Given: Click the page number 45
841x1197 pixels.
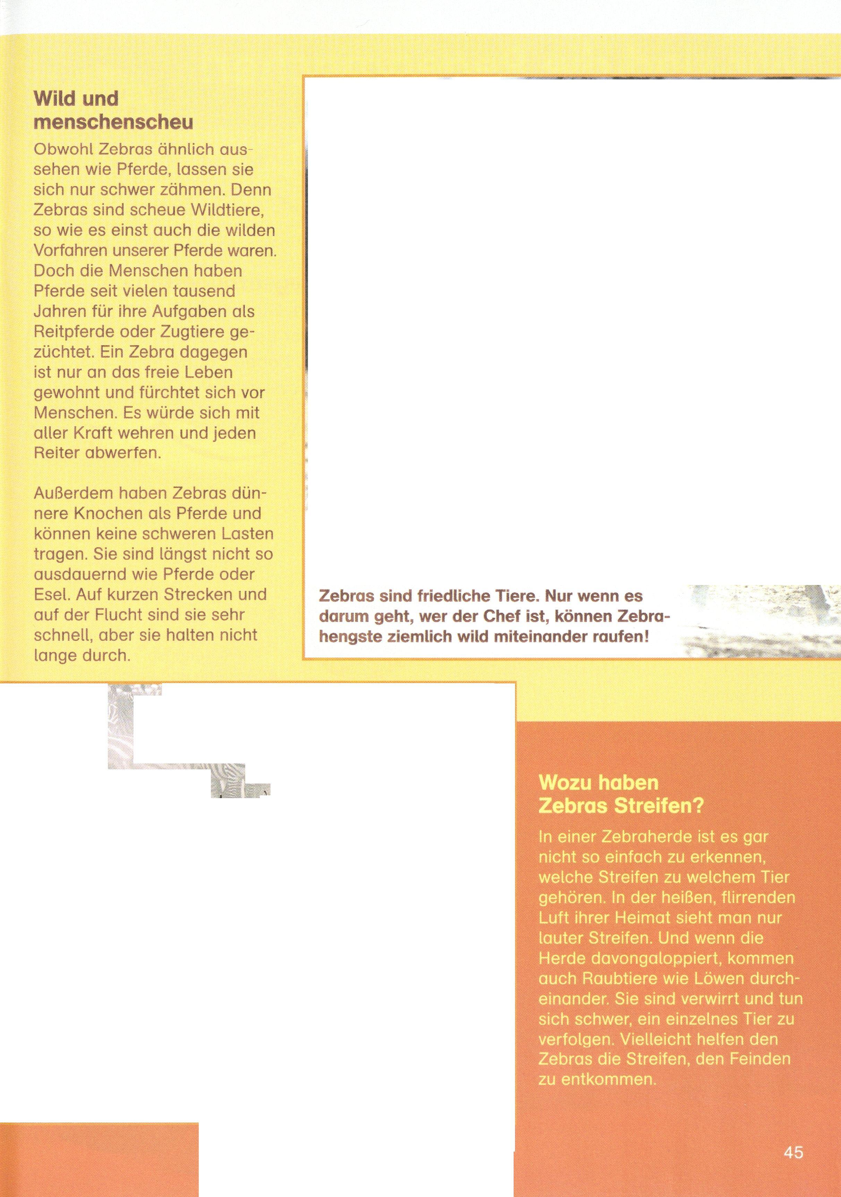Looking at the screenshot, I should pos(793,1152).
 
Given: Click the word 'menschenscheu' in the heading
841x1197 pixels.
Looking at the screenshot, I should pos(113,122).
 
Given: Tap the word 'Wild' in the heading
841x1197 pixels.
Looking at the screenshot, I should pos(53,98).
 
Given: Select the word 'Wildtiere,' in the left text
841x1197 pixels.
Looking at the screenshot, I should pos(228,210).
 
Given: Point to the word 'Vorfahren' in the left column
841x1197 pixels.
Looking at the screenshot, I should pos(70,251).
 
